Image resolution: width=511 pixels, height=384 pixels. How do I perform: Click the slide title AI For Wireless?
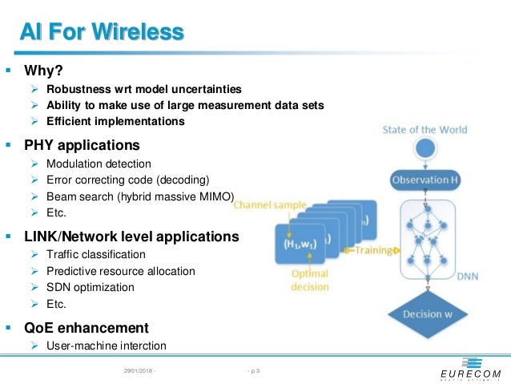click(102, 32)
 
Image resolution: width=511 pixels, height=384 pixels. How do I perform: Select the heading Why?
click(43, 70)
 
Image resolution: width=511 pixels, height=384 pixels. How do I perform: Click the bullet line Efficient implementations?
click(115, 121)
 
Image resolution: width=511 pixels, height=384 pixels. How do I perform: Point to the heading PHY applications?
click(82, 145)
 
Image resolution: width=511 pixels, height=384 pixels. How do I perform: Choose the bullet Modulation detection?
click(99, 164)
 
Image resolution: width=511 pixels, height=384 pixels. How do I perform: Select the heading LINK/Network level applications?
click(131, 236)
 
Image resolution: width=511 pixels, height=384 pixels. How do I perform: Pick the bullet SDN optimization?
click(90, 287)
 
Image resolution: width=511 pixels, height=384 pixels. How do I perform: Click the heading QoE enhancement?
click(87, 327)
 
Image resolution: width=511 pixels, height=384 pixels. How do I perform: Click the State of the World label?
click(424, 130)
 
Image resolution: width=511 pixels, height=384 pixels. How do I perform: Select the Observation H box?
click(425, 180)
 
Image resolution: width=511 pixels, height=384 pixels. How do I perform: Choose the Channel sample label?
click(270, 205)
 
